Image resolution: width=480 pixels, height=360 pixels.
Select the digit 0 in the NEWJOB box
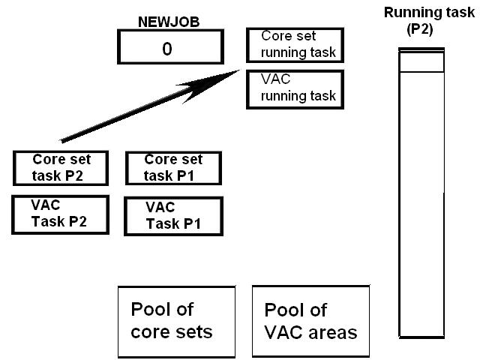point(168,49)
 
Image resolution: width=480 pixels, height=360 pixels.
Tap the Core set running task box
point(295,46)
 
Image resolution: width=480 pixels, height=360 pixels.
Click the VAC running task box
point(295,88)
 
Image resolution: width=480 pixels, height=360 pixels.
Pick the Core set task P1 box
point(173,169)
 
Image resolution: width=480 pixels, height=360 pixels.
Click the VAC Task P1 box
point(173,215)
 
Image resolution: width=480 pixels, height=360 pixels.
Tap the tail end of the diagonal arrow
point(62,140)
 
